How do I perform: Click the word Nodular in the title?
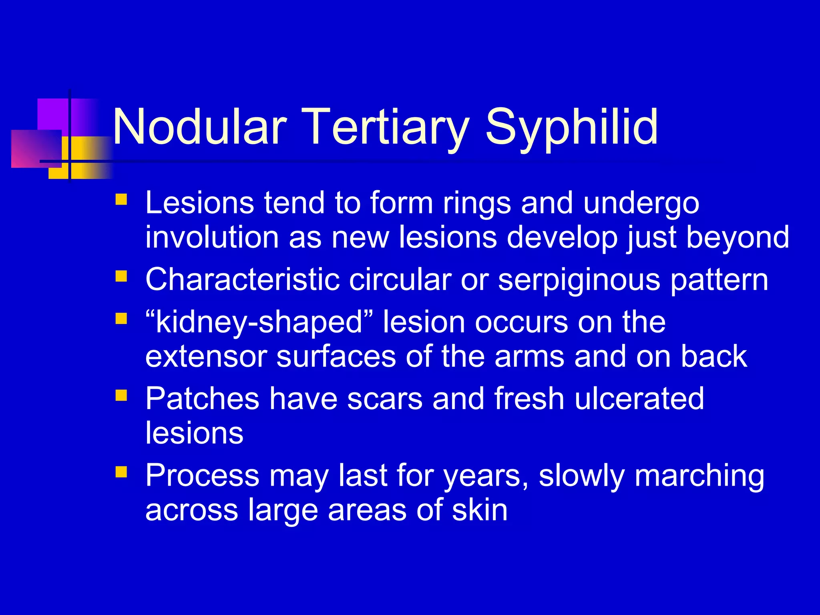coord(199,127)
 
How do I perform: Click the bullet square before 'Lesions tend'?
coord(121,199)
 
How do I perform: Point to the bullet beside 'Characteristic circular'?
coord(121,276)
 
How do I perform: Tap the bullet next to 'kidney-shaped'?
coord(121,319)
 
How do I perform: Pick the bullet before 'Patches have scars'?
coord(121,396)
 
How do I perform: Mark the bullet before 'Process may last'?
coord(121,472)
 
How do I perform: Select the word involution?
coord(212,237)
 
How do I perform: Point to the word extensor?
coord(206,356)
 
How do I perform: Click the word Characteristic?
coord(242,279)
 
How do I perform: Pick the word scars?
coord(384,399)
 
